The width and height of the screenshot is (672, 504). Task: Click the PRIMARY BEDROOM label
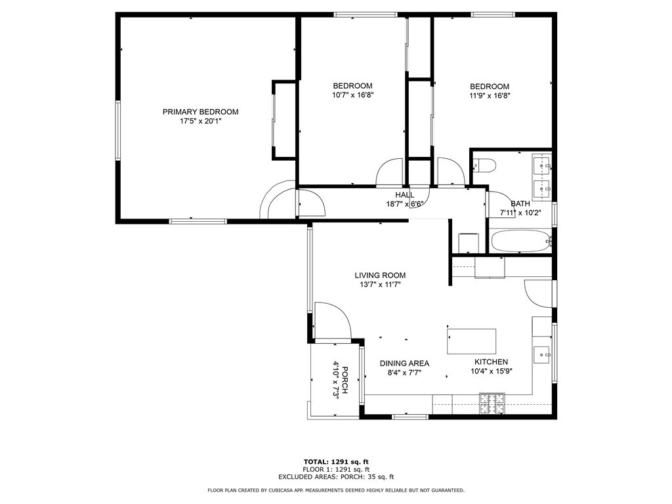click(200, 112)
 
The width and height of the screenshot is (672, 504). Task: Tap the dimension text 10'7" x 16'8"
click(352, 95)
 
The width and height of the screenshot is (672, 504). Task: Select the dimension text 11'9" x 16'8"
click(490, 95)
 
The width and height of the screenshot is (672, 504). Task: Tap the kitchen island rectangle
click(471, 341)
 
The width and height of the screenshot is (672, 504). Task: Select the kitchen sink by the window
click(543, 354)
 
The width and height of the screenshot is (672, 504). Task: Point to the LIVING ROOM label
click(380, 276)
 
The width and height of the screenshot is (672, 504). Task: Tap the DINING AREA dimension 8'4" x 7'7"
click(404, 373)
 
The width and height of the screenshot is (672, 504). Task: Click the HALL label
click(404, 195)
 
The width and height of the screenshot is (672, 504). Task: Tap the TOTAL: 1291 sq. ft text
click(336, 461)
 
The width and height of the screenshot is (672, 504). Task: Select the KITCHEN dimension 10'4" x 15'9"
click(492, 371)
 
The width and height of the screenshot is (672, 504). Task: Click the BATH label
click(520, 204)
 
